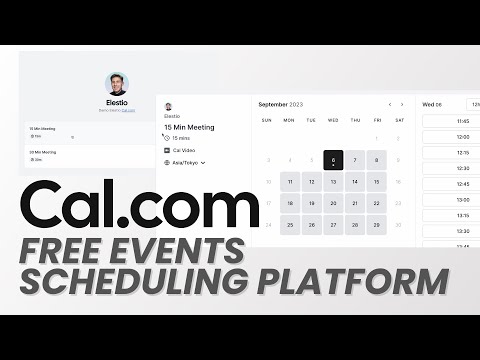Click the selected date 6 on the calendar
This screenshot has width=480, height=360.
coord(333,160)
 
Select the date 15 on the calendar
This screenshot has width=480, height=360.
coord(376,182)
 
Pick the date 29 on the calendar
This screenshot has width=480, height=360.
coord(376,224)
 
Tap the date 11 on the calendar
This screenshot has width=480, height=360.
coord(289,182)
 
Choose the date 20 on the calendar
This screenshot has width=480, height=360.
coord(333,203)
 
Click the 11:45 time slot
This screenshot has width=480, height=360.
coord(462,122)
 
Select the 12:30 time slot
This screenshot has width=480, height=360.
coord(462,168)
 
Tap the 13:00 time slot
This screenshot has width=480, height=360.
coord(462,199)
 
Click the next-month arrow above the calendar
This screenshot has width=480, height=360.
coord(402,104)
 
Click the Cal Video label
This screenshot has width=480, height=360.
coord(183,150)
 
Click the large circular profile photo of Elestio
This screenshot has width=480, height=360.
coord(118,84)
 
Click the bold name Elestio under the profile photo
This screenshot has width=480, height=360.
coord(118,104)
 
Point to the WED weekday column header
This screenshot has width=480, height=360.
coord(333,121)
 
